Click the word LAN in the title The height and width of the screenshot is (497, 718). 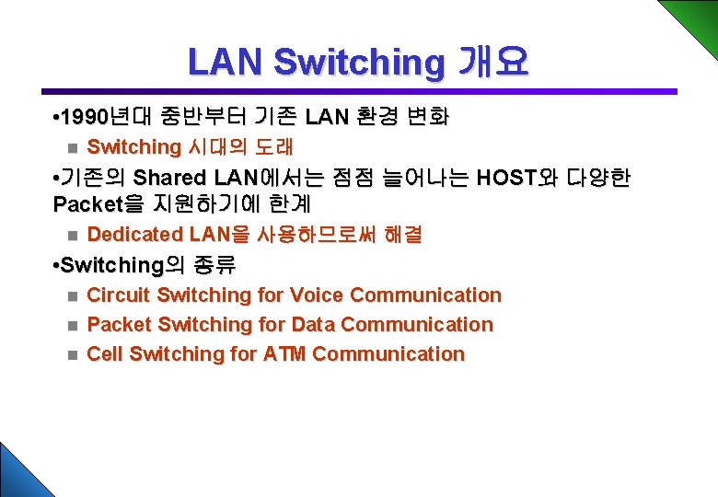(226, 63)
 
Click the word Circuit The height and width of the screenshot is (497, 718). (119, 295)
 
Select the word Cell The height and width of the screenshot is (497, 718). (105, 354)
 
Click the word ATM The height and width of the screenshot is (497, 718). (284, 354)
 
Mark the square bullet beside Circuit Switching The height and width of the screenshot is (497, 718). (73, 296)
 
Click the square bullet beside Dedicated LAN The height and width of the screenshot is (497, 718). (73, 237)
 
